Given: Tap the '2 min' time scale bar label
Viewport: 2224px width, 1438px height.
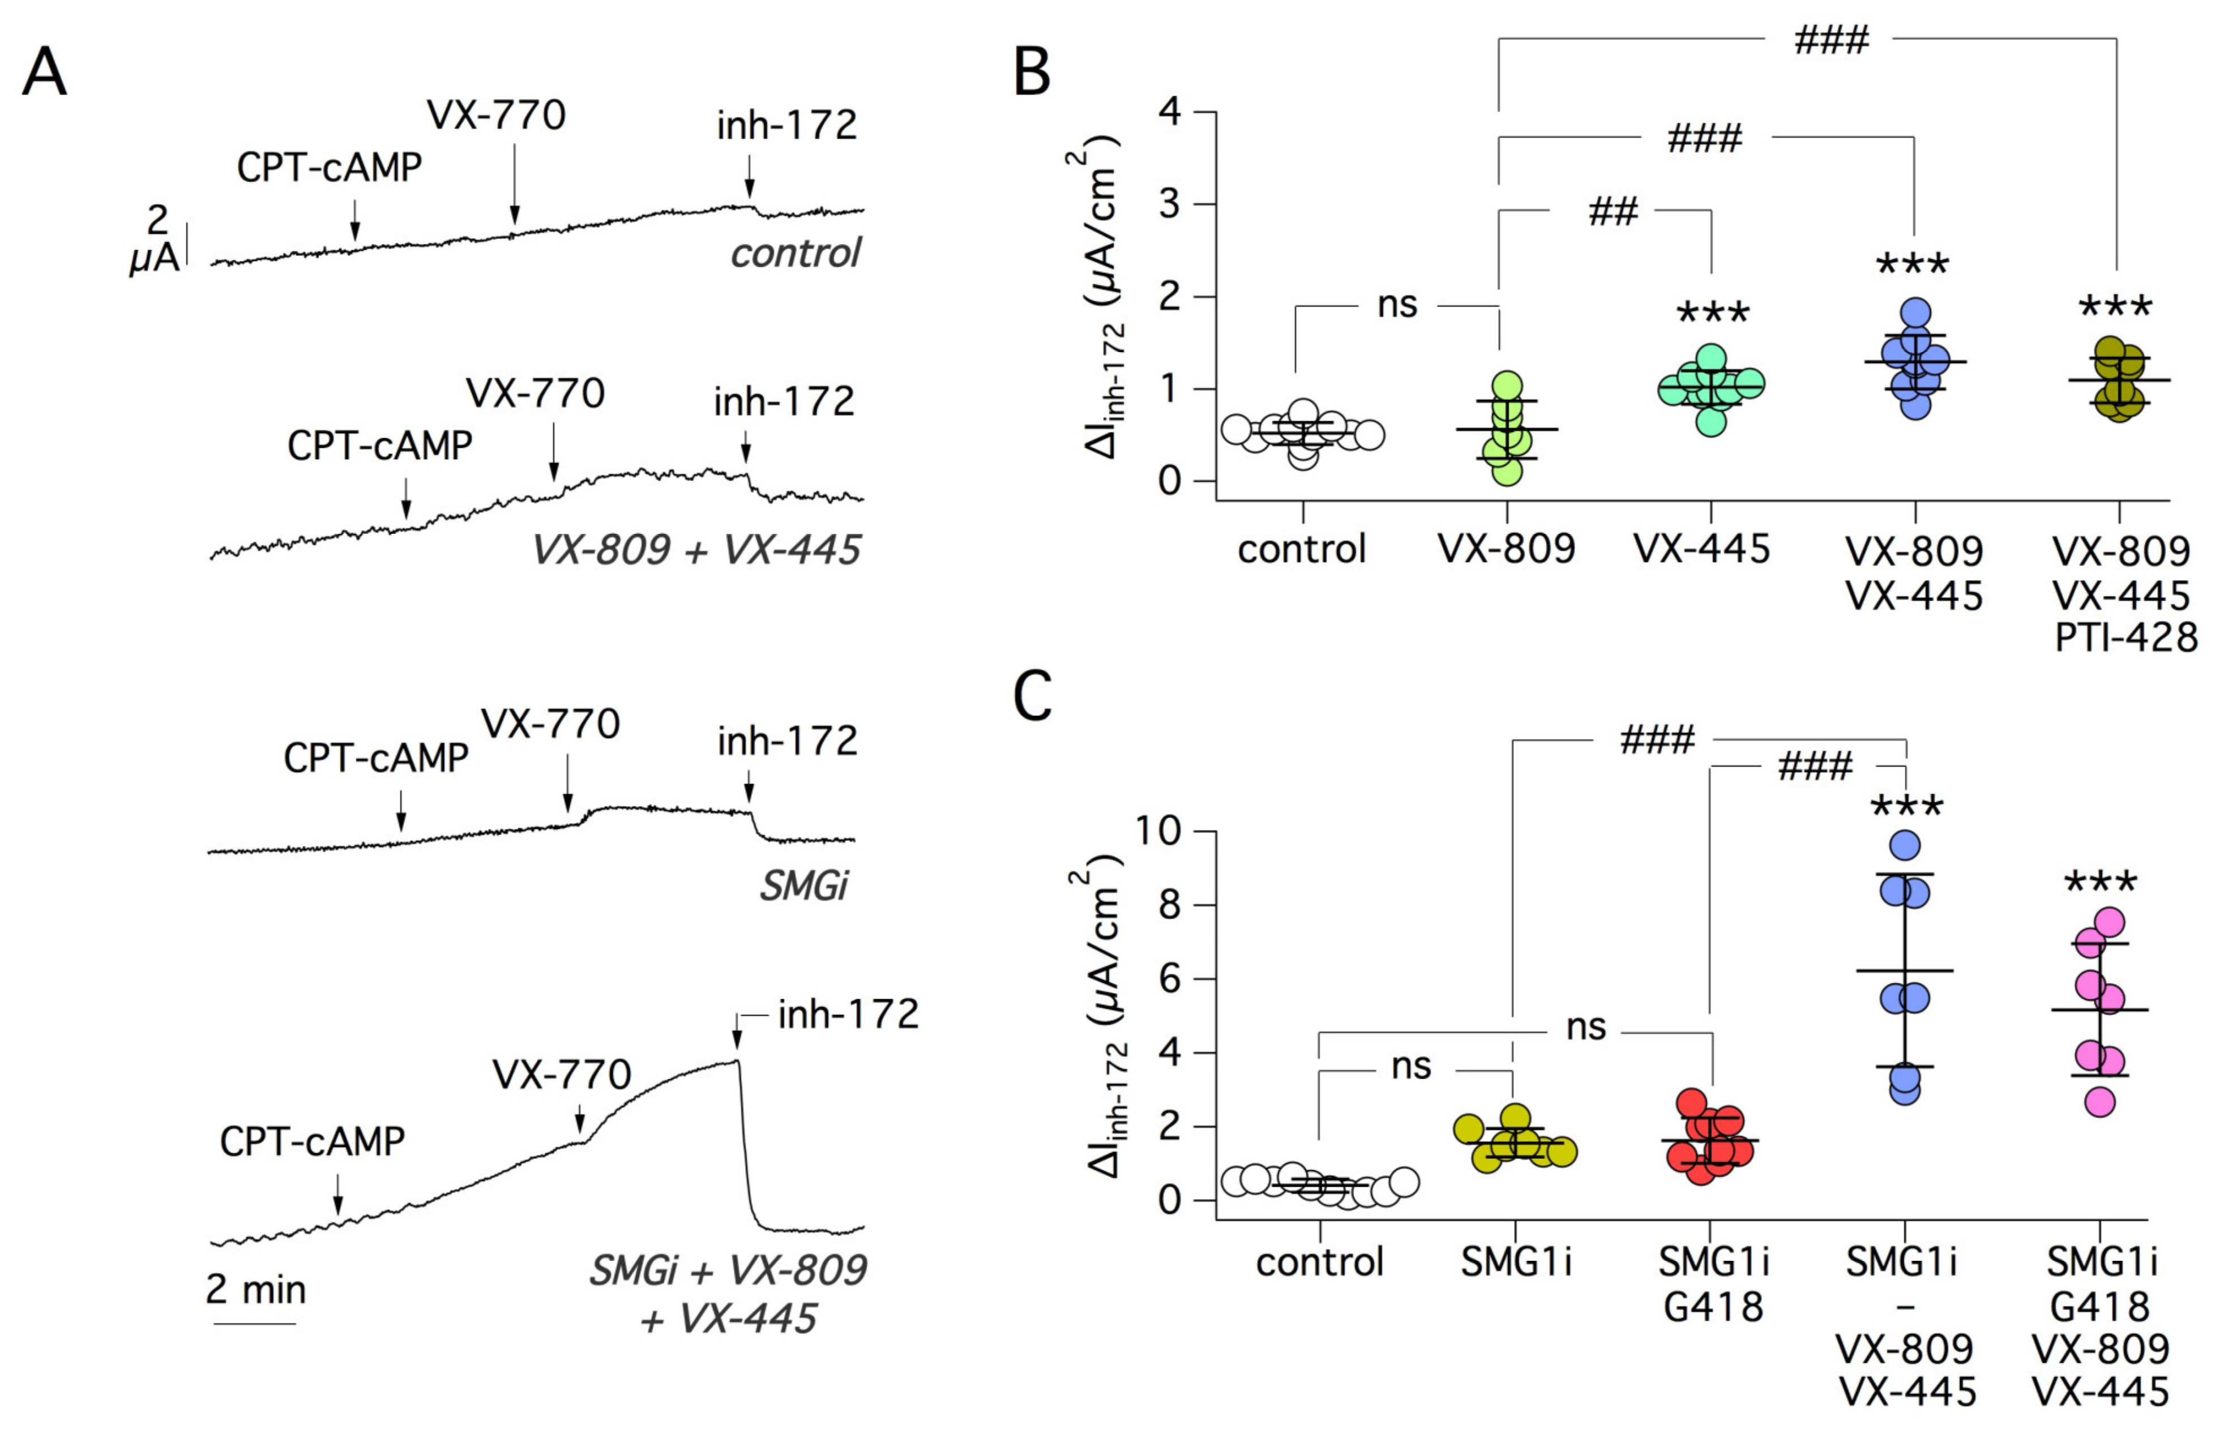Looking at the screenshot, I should tap(255, 1290).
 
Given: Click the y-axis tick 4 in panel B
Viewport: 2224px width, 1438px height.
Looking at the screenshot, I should tap(1169, 112).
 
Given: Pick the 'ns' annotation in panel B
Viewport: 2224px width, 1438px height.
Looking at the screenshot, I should tap(1397, 305).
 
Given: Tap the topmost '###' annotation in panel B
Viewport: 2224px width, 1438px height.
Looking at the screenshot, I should tap(1831, 40).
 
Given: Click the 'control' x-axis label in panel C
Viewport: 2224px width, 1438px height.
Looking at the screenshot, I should tap(1319, 1262).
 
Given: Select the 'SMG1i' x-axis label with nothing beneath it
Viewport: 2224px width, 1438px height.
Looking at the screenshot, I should tap(1515, 1262).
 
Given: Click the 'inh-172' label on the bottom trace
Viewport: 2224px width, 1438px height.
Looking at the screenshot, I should tap(848, 1014).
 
